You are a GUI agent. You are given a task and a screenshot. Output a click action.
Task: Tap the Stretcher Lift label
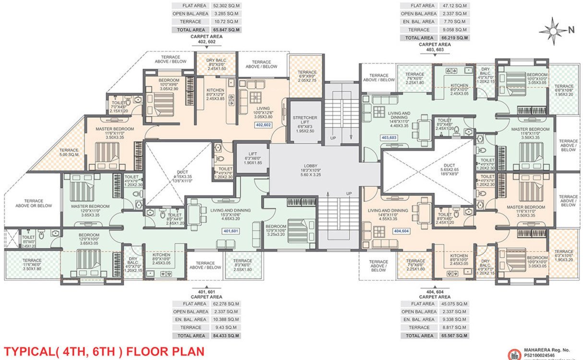point(305,121)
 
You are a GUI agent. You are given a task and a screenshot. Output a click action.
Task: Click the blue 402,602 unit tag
point(264,125)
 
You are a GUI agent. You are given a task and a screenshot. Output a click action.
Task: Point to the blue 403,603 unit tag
point(389,138)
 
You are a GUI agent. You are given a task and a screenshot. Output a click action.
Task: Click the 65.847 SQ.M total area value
point(226,30)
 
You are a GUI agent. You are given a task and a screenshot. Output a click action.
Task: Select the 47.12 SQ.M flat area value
point(454,6)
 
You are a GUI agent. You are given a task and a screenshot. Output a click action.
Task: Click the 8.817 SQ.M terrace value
point(453,327)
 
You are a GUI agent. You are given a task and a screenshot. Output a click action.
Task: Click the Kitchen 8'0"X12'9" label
point(216,94)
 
